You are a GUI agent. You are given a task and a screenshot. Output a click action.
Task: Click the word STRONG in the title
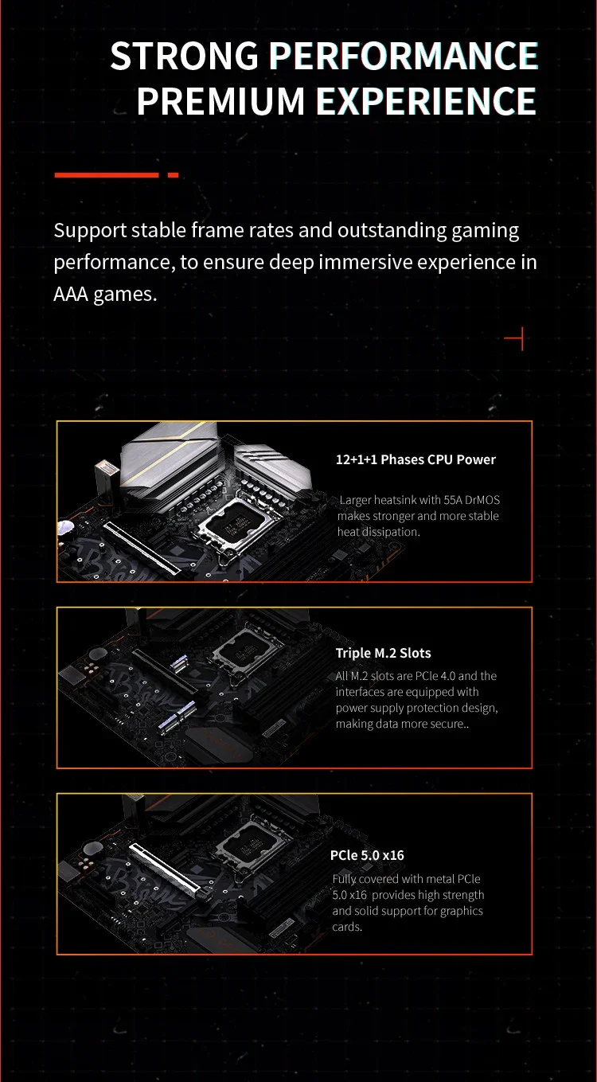[x=185, y=56]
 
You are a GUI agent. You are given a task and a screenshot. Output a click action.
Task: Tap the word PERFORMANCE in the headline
[x=404, y=56]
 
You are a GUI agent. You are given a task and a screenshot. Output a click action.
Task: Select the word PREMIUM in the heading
[x=220, y=101]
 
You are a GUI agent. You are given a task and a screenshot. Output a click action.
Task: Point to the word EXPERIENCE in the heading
[x=426, y=101]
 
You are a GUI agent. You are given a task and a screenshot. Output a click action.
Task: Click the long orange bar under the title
[x=106, y=175]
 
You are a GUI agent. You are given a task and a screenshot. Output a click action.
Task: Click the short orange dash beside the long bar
[x=173, y=175]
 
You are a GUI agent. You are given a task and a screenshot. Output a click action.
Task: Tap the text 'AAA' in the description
[x=71, y=294]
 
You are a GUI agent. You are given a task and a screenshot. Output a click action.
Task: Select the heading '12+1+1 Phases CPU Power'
[x=416, y=459]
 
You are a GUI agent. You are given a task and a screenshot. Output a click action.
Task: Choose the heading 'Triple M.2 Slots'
[x=383, y=653]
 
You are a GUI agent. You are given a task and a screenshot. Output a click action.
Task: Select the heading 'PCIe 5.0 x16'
[x=367, y=855]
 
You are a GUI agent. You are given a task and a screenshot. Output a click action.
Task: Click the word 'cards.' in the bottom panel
[x=347, y=927]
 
